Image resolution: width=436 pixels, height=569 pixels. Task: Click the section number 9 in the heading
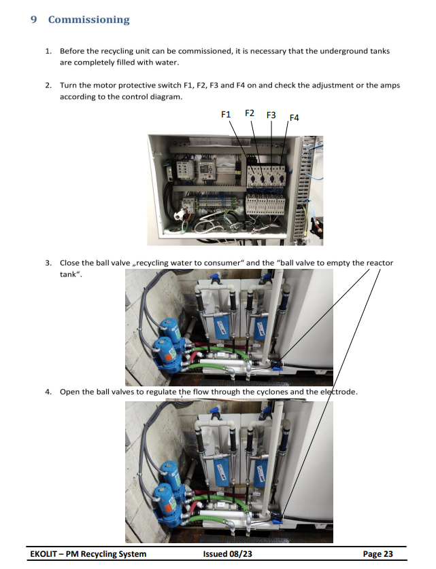(34, 20)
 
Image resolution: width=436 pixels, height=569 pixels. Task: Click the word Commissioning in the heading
(88, 20)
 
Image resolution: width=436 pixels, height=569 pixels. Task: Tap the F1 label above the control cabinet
(227, 114)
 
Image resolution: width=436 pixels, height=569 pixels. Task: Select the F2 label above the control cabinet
(250, 113)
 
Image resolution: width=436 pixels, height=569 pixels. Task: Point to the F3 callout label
(271, 115)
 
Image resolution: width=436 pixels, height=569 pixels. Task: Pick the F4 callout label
(294, 117)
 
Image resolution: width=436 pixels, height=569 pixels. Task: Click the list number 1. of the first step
(48, 51)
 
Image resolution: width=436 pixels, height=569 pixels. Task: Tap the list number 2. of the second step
(48, 86)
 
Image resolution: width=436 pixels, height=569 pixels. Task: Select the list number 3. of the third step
(48, 263)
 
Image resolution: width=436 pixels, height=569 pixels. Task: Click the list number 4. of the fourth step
(48, 392)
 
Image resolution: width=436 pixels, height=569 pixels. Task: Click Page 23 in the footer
(378, 554)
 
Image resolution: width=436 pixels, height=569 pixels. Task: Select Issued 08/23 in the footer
(227, 554)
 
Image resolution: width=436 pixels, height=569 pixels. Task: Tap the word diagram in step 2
(167, 96)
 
